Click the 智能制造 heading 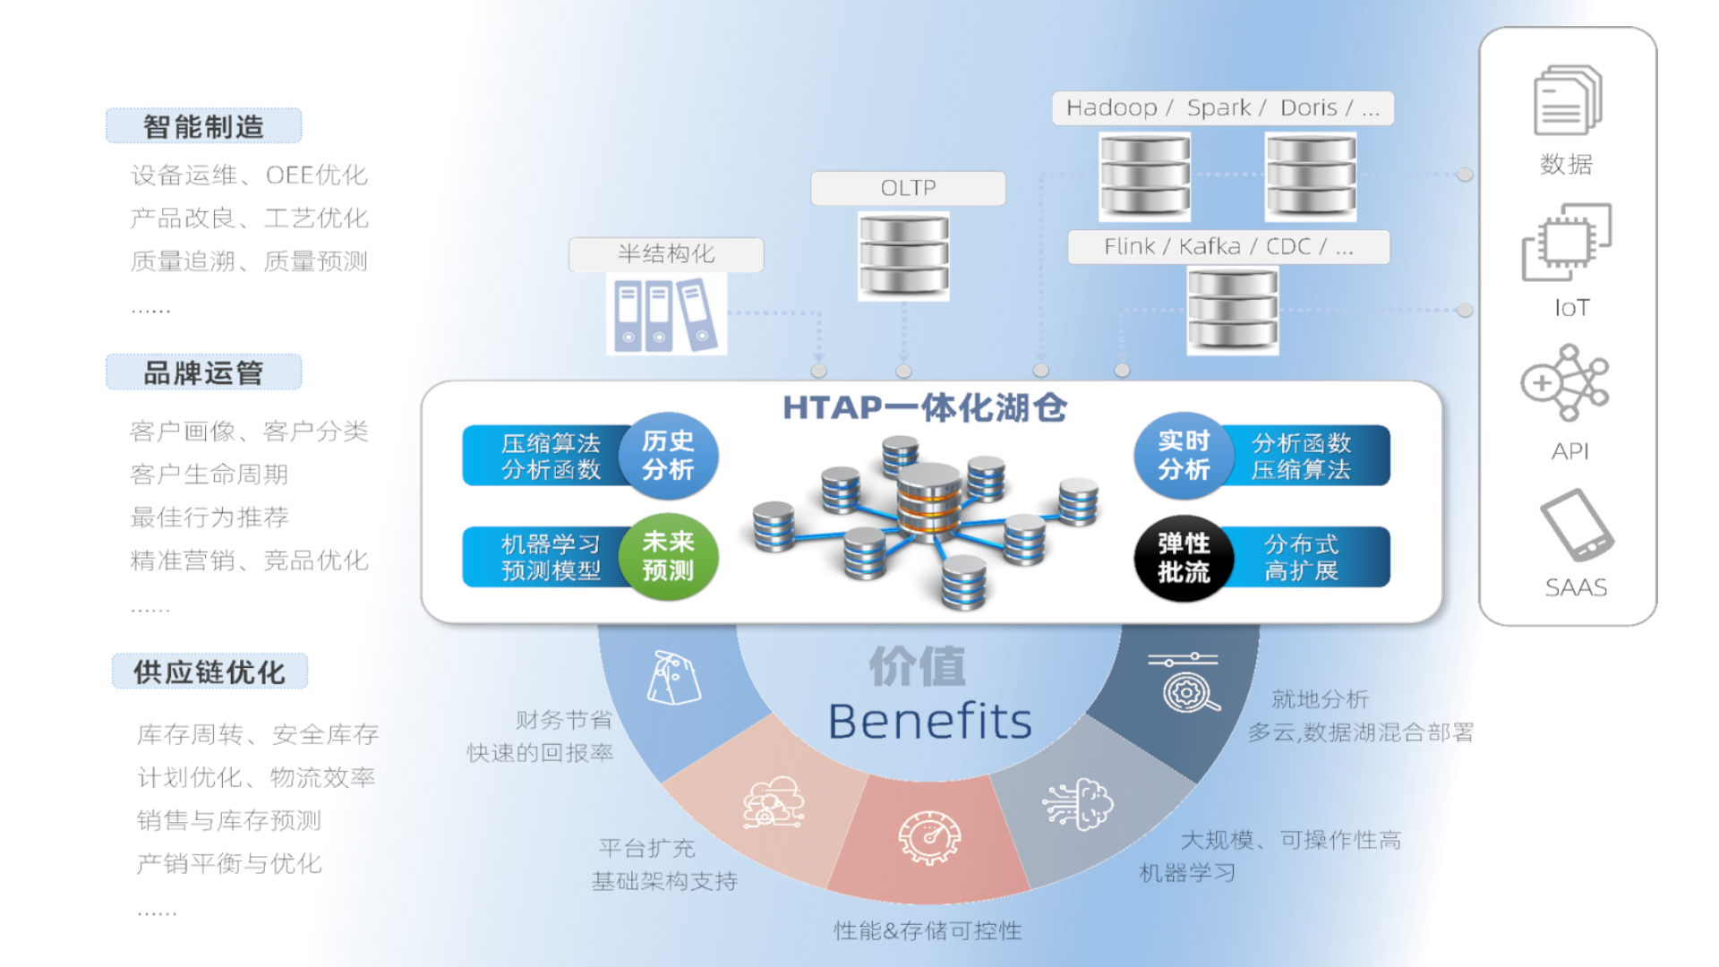pos(203,126)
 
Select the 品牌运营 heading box pos(203,372)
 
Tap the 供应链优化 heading pos(210,672)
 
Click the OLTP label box pos(908,188)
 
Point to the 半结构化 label pos(666,254)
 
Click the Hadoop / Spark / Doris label pos(1222,108)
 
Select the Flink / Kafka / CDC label pos(1228,247)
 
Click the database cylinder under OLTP pos(903,256)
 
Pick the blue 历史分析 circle pos(668,455)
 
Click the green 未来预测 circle pos(668,556)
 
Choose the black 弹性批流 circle pos(1184,557)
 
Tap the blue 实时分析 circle pos(1184,455)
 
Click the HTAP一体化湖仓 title pos(925,408)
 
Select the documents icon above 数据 pos(1567,100)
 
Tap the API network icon pos(1567,383)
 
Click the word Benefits pos(929,722)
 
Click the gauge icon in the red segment pos(929,838)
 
